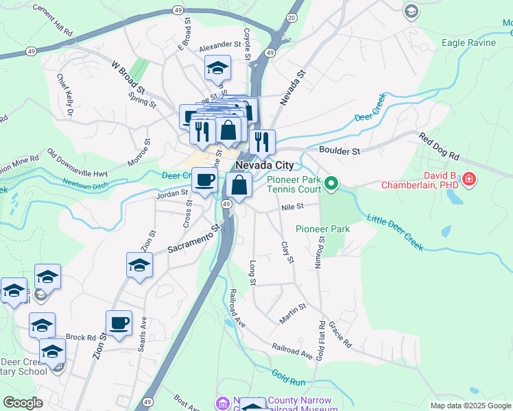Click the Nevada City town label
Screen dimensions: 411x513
(264, 166)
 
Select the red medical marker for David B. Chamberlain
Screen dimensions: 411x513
(469, 179)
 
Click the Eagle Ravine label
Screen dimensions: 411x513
(468, 42)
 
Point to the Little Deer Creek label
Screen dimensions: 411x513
(395, 232)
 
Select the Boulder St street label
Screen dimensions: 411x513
(339, 150)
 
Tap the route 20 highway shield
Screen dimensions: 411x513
(292, 17)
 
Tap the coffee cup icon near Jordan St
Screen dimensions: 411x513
(204, 181)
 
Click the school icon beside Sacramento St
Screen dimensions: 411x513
(139, 264)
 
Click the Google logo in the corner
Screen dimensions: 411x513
(22, 402)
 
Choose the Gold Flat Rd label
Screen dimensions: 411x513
(320, 338)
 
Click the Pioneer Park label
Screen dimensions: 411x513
(323, 229)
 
